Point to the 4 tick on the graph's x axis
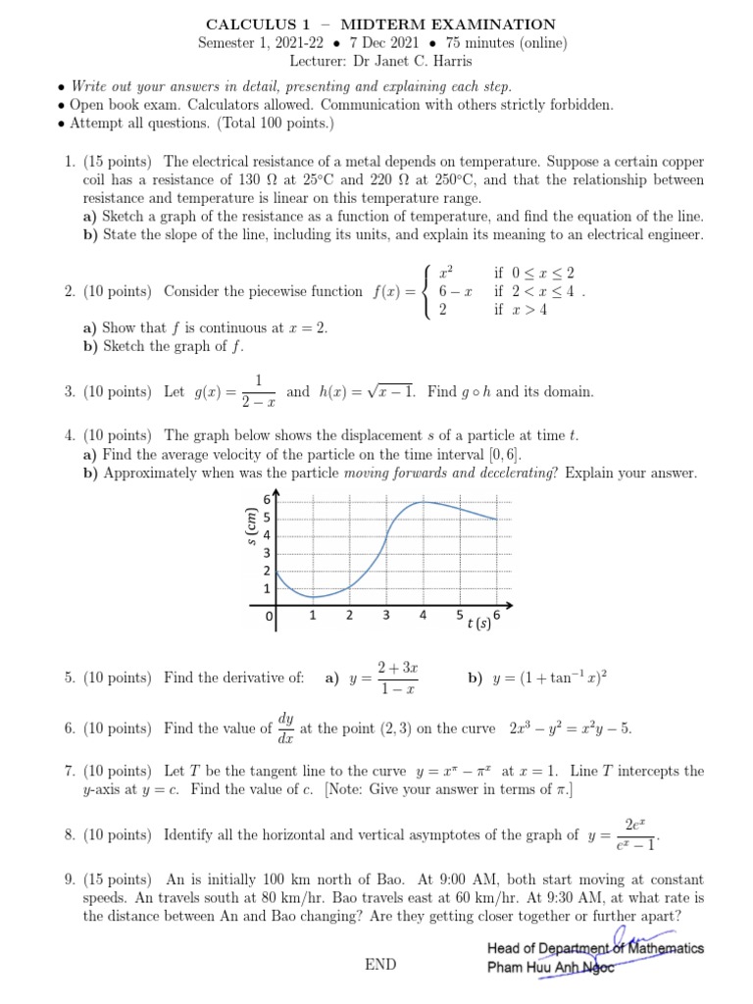tap(423, 616)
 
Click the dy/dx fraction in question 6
tap(285, 728)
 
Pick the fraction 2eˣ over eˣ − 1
tap(632, 834)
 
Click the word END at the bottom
tap(380, 965)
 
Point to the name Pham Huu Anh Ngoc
tap(550, 969)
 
